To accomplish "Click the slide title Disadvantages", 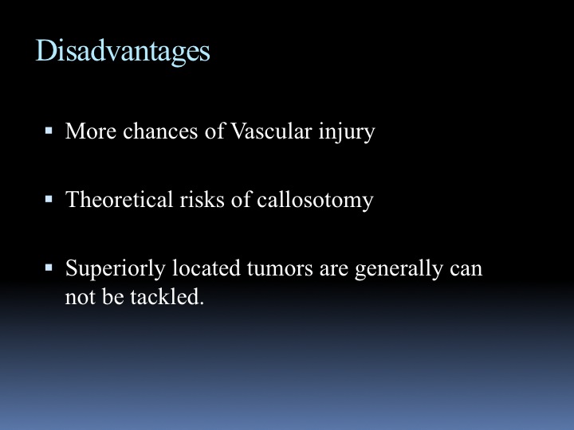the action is tap(123, 52).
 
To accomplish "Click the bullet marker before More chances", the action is tap(49, 131).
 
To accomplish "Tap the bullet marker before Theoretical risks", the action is tap(49, 199).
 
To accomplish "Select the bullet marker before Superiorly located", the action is tap(49, 268).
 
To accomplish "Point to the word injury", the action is tap(347, 132).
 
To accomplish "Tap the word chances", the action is tap(160, 131).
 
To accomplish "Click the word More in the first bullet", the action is tap(91, 131).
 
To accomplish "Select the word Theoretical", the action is tap(119, 200).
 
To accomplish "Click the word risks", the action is tap(202, 200).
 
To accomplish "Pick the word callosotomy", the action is tap(315, 201).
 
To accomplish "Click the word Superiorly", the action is tap(116, 269).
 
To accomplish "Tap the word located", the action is tap(206, 268).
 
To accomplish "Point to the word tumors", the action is tap(280, 269).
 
